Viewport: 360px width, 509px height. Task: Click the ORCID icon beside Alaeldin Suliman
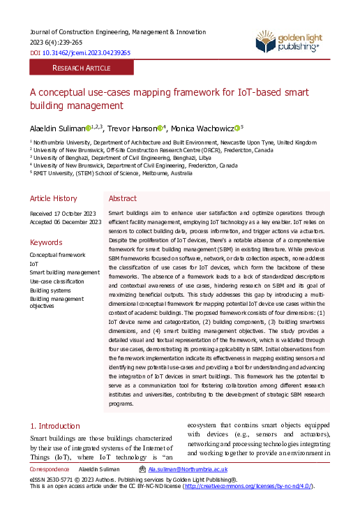[88, 128]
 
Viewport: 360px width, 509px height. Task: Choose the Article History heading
[53, 198]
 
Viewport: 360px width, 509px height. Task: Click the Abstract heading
[123, 198]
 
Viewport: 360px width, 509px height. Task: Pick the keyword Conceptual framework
[58, 256]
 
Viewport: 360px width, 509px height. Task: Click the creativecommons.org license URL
[248, 486]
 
